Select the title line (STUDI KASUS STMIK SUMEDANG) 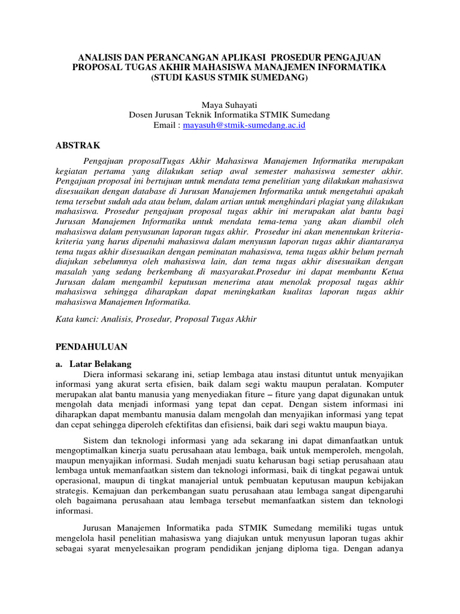click(229, 78)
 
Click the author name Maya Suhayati click(229, 105)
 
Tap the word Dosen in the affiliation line click(143, 115)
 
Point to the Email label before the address click(166, 125)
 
